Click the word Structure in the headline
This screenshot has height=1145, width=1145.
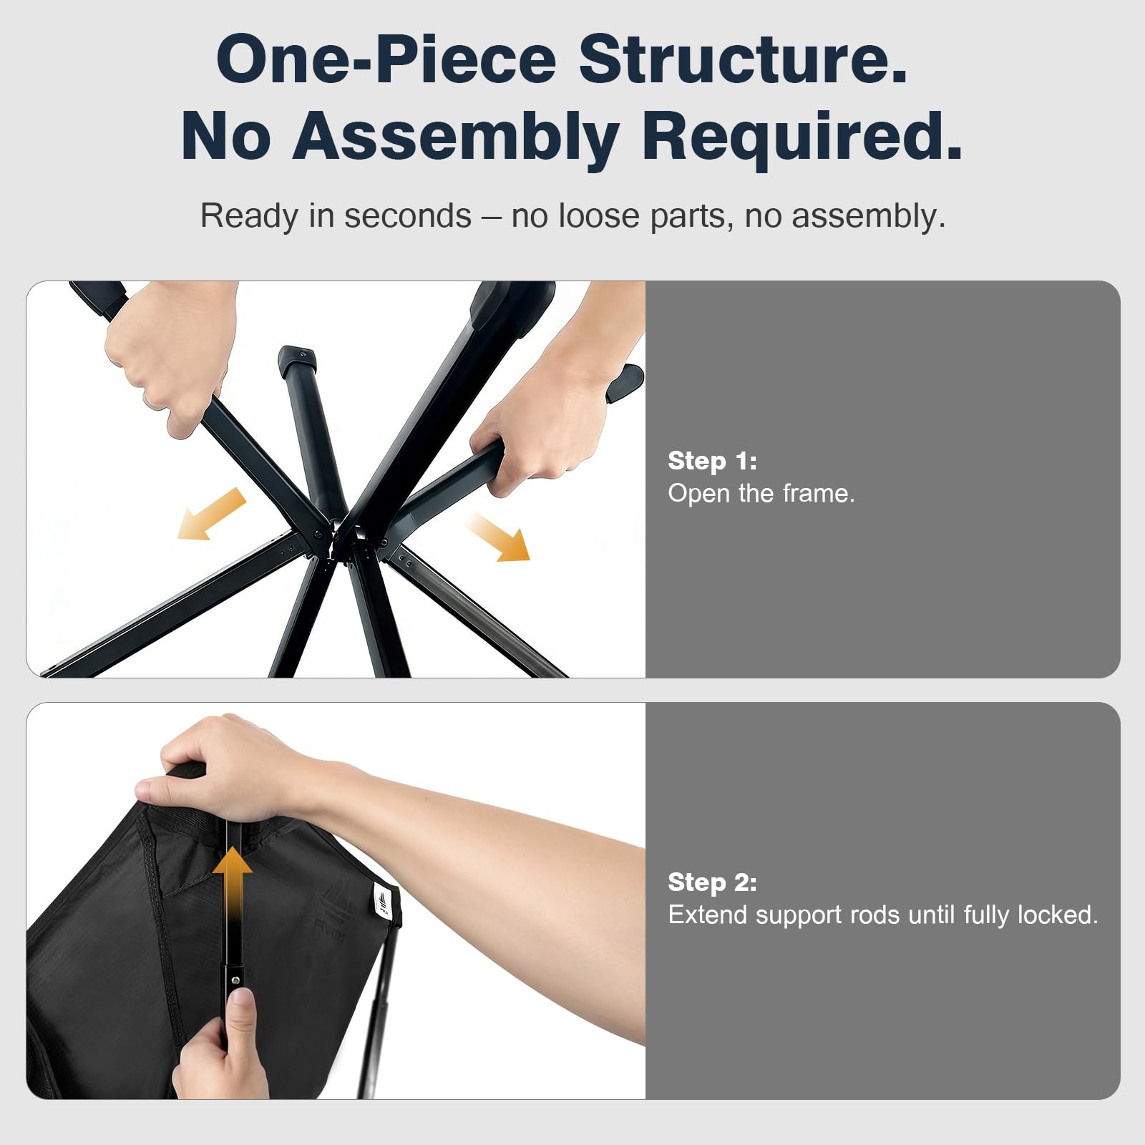(743, 59)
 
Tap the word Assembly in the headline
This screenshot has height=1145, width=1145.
(456, 137)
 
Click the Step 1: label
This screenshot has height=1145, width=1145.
(712, 461)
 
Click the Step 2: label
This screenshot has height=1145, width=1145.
(712, 882)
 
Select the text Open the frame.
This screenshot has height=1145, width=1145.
(761, 494)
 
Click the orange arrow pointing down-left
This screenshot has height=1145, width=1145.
(212, 514)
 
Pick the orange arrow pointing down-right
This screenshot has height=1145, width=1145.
(499, 537)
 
